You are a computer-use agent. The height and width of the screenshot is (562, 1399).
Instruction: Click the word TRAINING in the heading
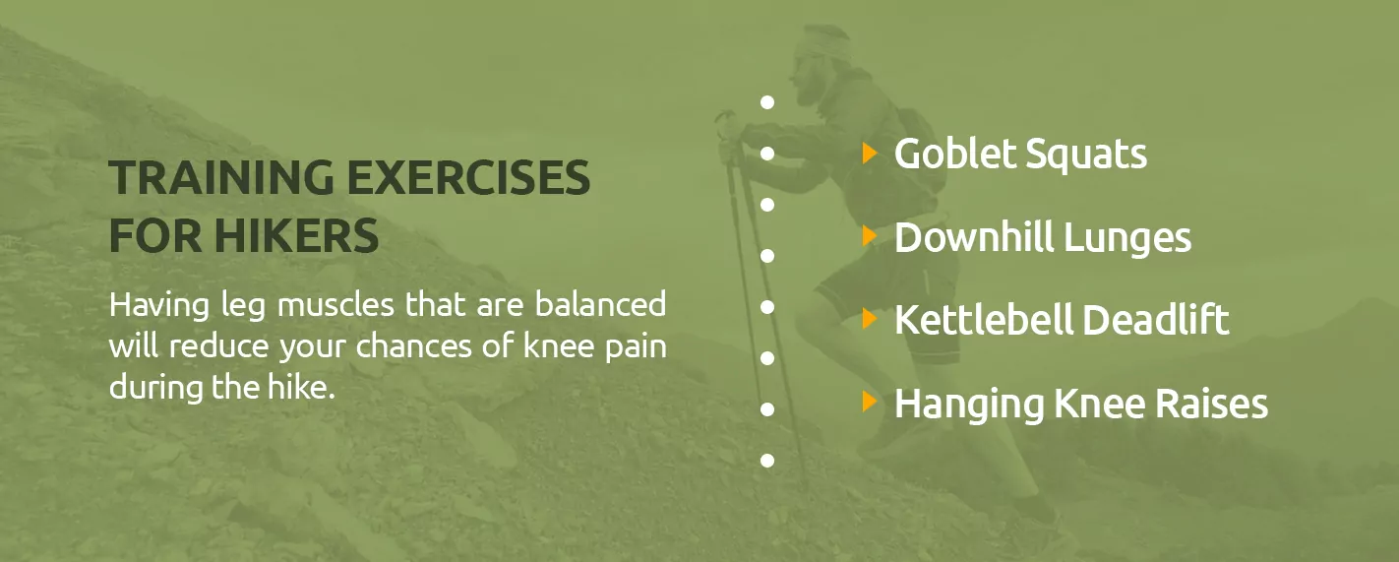pos(221,177)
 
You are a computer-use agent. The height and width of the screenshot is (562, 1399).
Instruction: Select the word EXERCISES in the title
pos(468,177)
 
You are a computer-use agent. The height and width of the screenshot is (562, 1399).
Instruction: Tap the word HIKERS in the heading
pos(297,235)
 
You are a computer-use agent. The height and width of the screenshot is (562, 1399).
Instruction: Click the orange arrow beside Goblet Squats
pos(870,154)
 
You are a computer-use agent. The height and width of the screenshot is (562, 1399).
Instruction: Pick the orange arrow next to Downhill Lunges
pos(870,235)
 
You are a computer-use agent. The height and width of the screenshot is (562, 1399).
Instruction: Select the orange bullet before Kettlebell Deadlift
pos(870,318)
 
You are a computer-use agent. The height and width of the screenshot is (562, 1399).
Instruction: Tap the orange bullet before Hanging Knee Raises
pos(870,402)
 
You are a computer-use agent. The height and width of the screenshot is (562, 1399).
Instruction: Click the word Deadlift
pos(1156,320)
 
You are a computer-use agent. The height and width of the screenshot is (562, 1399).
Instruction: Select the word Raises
pos(1212,404)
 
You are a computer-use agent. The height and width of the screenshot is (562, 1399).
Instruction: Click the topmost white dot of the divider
pos(767,102)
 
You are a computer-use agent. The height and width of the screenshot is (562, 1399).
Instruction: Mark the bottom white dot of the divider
pos(767,460)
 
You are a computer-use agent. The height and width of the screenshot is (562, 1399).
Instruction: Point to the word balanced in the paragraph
pos(600,304)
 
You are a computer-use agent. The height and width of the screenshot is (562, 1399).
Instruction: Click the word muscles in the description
pos(336,305)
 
